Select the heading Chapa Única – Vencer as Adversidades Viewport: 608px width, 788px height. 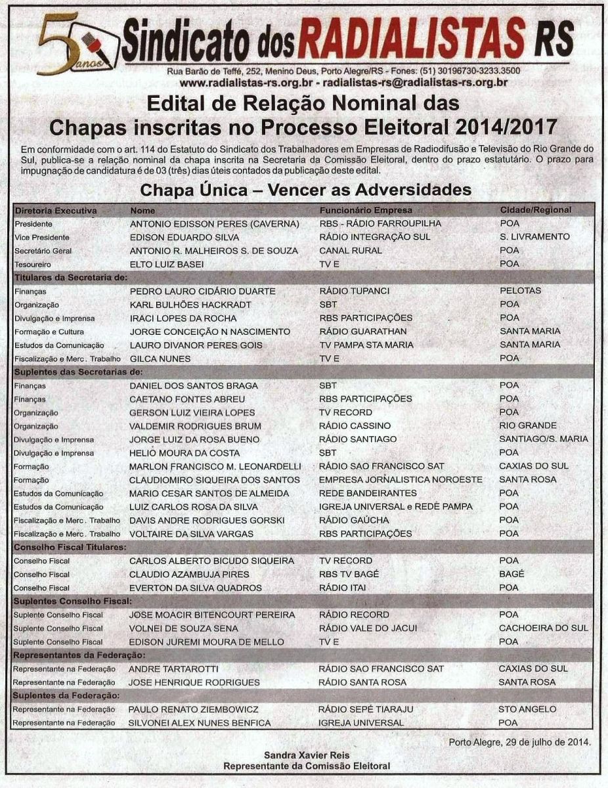click(306, 190)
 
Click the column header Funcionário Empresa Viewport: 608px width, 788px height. click(366, 210)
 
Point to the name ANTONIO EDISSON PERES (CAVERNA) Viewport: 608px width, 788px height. click(215, 223)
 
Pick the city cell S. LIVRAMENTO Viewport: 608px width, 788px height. click(534, 236)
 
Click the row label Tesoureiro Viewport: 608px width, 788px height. click(33, 264)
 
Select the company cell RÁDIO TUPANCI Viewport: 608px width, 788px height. click(354, 291)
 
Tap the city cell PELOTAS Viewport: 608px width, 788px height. click(520, 291)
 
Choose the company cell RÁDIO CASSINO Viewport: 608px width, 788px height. click(354, 426)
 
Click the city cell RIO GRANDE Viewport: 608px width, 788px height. click(527, 426)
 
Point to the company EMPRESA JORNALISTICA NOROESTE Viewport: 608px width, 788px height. click(401, 479)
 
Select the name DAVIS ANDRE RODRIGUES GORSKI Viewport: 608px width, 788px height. click(207, 520)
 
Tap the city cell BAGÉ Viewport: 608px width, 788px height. click(511, 575)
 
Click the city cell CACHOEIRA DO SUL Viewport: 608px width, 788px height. click(543, 628)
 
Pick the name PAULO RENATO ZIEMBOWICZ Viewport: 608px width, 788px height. click(194, 709)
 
